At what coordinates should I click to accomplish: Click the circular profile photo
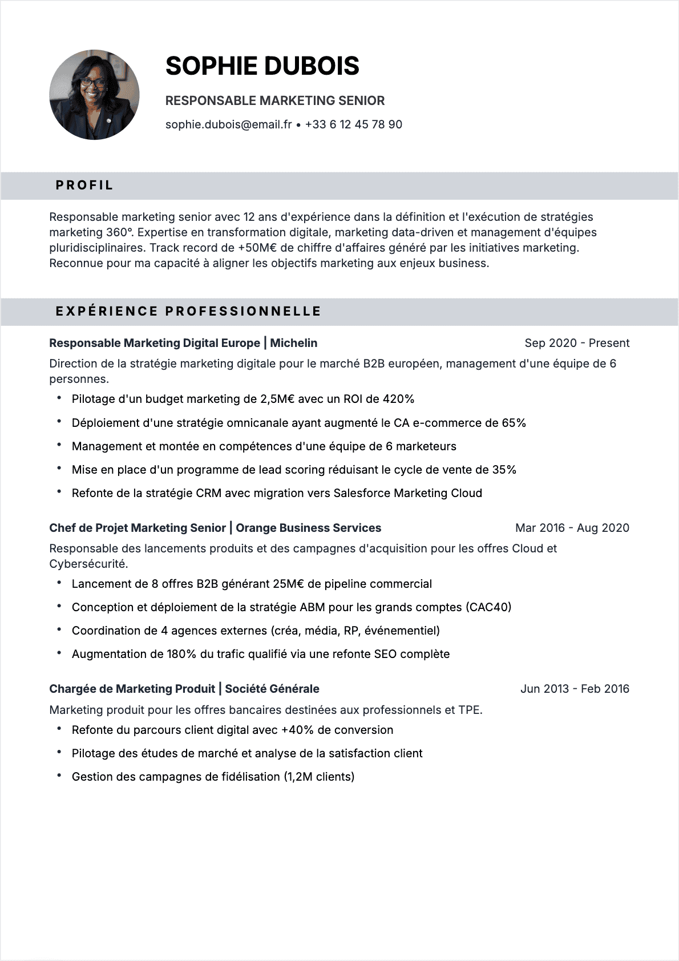tap(94, 95)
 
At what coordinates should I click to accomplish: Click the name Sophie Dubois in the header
tap(262, 66)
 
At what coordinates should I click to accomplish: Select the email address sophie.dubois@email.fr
tap(228, 124)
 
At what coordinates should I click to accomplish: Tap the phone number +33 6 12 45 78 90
tap(353, 124)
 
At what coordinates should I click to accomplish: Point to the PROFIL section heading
tap(84, 185)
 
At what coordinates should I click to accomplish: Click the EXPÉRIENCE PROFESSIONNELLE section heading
tap(188, 312)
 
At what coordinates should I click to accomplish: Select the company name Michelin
tap(293, 343)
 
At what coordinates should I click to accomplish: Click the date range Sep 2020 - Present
tap(576, 343)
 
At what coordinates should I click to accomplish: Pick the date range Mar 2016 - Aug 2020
tap(572, 528)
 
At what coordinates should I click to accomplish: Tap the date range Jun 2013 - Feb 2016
tap(574, 689)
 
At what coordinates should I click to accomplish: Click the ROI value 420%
tap(398, 399)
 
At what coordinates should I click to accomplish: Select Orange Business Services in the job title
tap(308, 528)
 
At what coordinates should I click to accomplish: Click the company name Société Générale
tap(272, 689)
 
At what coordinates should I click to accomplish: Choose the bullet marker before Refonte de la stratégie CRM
tap(59, 492)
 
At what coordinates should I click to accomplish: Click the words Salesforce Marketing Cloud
tap(407, 493)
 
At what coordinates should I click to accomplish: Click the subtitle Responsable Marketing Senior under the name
tap(275, 101)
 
